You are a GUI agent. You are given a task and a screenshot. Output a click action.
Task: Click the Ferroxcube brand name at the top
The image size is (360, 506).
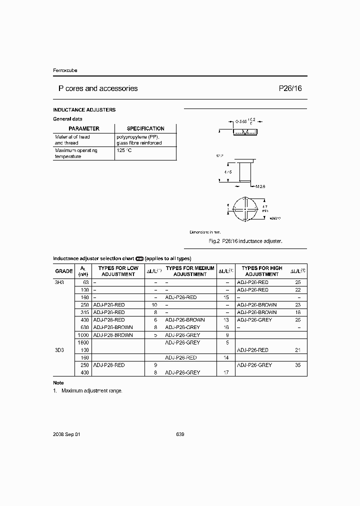point(65,70)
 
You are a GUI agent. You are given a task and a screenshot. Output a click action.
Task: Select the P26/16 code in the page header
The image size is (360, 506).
point(290,88)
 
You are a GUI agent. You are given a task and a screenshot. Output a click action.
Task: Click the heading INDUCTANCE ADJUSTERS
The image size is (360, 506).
point(84,109)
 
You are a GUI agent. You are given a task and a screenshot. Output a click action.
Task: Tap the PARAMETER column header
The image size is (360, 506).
point(84,128)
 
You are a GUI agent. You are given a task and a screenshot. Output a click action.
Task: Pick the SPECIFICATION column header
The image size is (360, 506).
point(145,128)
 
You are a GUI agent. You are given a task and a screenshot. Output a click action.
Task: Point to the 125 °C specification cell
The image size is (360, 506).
point(124,150)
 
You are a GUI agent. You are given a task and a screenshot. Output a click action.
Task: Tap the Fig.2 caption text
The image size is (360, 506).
point(245,241)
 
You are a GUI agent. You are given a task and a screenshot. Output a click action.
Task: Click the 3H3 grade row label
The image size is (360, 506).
point(60,282)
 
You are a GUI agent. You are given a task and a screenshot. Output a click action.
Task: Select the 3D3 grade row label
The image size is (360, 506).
point(59,350)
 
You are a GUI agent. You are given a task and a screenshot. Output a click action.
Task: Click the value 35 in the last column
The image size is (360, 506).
point(298,365)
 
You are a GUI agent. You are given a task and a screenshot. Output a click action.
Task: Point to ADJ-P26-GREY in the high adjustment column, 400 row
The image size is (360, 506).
point(254,319)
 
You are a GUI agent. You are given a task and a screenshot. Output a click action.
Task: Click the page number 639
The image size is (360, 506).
point(180,434)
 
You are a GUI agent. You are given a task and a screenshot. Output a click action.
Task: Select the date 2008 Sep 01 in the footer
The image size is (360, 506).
point(66,434)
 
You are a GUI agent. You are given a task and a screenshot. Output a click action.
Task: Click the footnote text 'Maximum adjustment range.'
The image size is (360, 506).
point(91,390)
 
